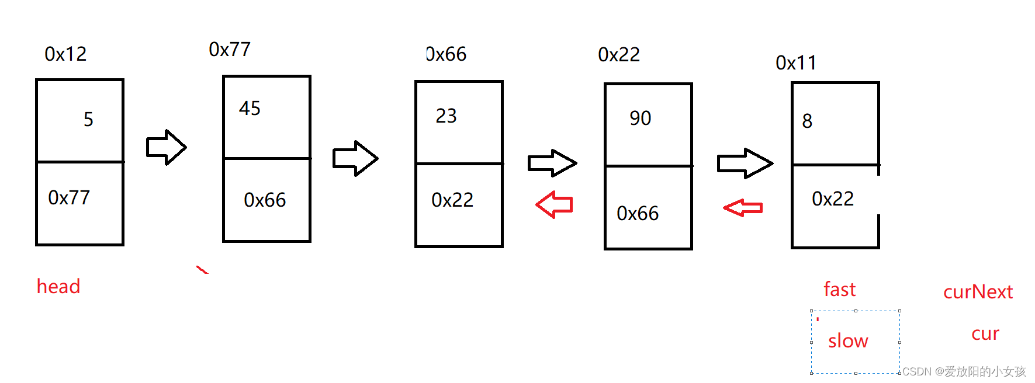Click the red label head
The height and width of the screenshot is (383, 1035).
(x=58, y=287)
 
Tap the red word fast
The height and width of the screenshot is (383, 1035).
(x=839, y=290)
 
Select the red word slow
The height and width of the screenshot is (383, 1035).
(x=848, y=341)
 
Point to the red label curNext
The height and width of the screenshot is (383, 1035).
(x=978, y=292)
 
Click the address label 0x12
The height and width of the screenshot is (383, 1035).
(x=65, y=54)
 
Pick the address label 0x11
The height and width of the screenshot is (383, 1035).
(x=796, y=63)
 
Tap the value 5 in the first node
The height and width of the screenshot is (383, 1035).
(x=88, y=120)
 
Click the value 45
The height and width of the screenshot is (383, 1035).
(x=250, y=109)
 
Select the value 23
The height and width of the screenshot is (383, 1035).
(x=446, y=116)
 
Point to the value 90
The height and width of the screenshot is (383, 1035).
(x=640, y=119)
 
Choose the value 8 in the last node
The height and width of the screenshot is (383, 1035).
(x=807, y=121)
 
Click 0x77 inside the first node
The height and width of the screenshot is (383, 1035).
(x=69, y=198)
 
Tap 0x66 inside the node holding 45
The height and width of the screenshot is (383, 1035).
(x=265, y=200)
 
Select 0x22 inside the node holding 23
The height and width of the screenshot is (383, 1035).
(x=452, y=200)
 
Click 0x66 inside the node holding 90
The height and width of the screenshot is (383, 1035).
(x=638, y=214)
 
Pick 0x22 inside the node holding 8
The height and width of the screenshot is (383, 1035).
(x=833, y=199)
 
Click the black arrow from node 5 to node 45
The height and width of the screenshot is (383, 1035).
(x=166, y=147)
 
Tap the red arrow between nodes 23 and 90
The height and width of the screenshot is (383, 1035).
(x=554, y=204)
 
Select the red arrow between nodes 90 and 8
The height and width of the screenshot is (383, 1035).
(x=743, y=207)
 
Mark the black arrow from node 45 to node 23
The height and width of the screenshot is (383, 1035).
(x=355, y=158)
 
